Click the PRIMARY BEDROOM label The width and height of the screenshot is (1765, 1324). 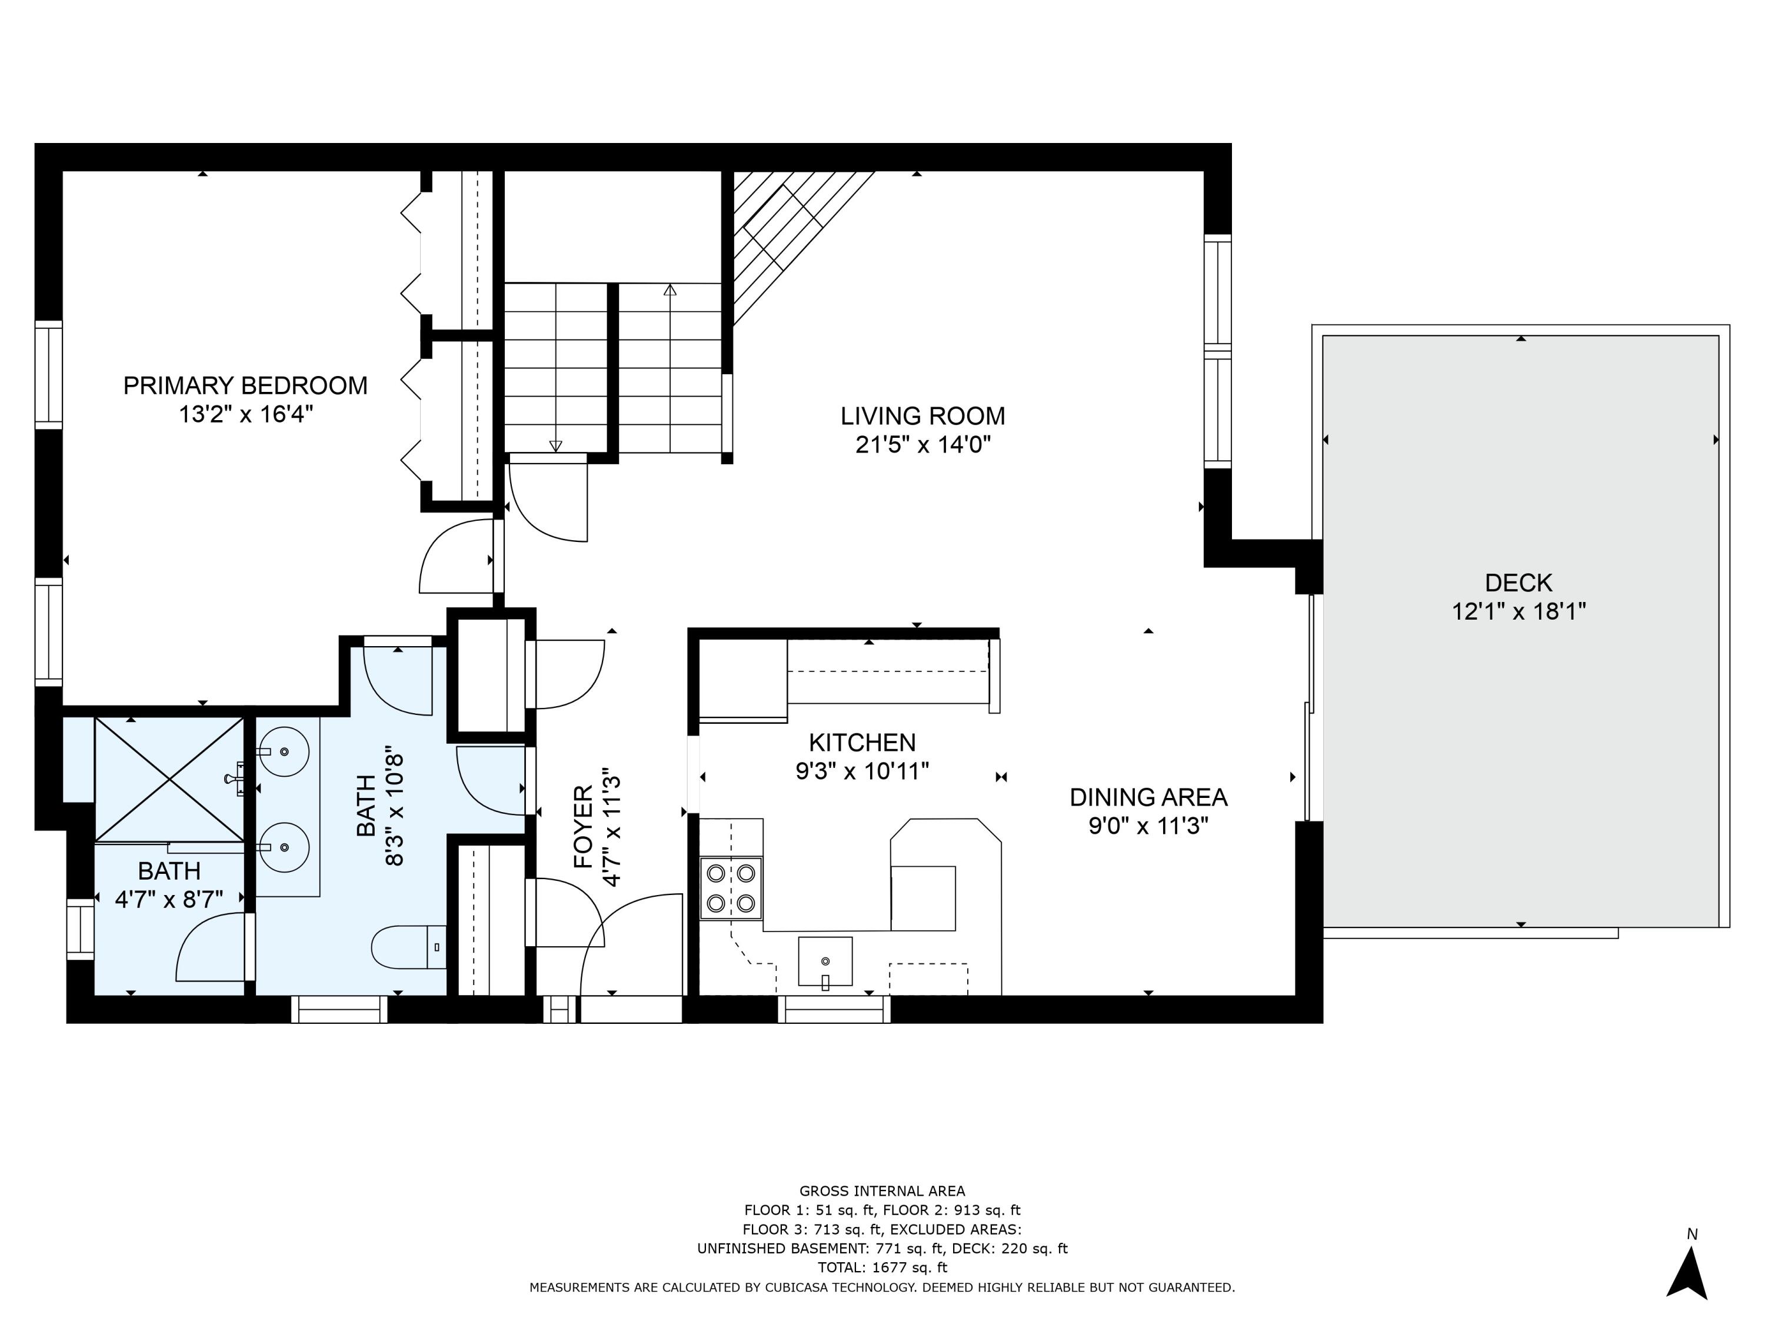click(245, 385)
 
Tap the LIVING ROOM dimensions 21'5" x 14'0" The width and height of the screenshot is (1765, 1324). click(923, 444)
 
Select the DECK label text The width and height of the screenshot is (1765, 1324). click(1518, 583)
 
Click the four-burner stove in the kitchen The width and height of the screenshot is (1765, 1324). click(731, 888)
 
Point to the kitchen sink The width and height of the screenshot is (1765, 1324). click(825, 962)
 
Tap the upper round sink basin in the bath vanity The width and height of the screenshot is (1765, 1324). click(284, 752)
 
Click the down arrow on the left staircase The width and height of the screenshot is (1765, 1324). click(556, 445)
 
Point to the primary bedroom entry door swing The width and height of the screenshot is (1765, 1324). click(455, 556)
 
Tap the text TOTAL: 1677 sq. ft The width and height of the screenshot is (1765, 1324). click(882, 1268)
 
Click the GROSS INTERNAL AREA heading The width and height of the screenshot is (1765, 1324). click(882, 1192)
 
